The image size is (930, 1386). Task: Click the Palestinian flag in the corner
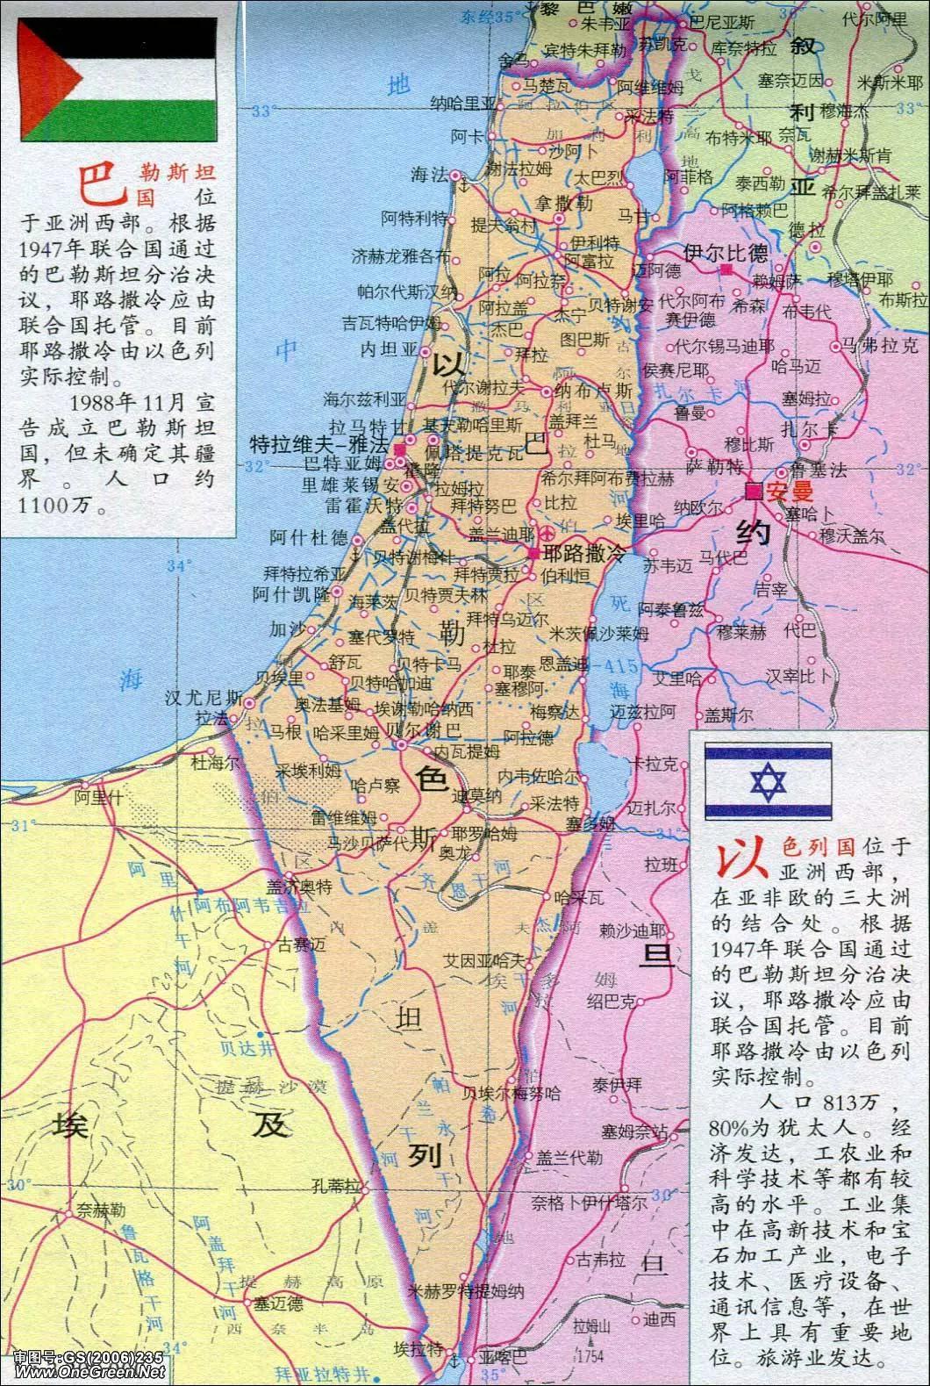[x=119, y=81]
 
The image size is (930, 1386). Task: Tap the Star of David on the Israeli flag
[x=768, y=782]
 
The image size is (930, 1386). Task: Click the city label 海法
[x=429, y=175]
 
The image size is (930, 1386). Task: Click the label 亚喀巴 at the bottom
[x=504, y=1359]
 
